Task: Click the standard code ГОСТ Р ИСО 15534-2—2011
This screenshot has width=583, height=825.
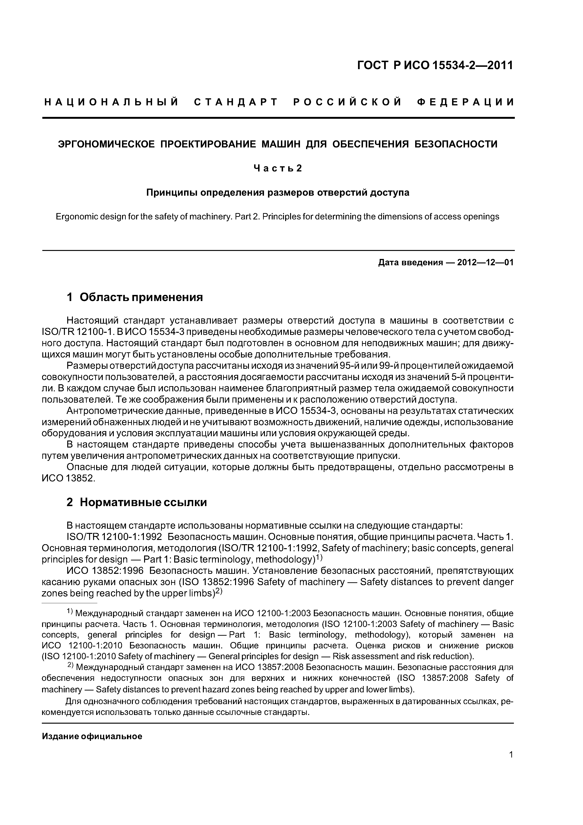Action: (435, 65)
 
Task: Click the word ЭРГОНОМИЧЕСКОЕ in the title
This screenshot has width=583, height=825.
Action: (106, 144)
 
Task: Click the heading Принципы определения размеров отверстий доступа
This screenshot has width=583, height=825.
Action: (278, 193)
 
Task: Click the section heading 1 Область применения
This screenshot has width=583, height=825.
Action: (135, 297)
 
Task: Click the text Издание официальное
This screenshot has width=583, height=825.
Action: (92, 737)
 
